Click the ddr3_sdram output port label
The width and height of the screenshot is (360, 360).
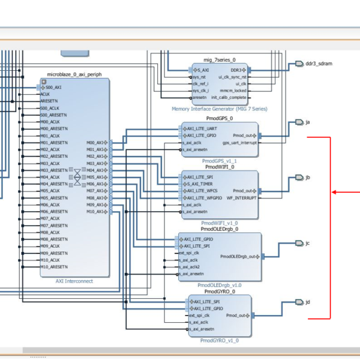[319, 63]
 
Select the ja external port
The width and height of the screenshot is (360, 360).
[307, 122]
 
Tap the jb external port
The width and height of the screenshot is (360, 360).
[307, 178]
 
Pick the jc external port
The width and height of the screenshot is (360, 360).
[307, 243]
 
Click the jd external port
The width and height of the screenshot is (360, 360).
[307, 302]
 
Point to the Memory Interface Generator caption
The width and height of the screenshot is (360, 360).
[219, 109]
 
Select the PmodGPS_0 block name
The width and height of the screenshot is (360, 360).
[219, 119]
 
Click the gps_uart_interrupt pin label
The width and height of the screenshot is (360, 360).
[239, 143]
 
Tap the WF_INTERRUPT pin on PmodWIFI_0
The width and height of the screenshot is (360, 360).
[241, 198]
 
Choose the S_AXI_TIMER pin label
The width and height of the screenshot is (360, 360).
[200, 184]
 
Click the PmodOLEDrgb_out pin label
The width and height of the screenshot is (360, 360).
[238, 256]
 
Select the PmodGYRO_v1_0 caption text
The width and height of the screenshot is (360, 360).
[219, 340]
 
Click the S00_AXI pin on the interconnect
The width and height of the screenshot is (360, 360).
[52, 87]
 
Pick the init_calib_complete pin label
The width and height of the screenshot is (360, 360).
[229, 97]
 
